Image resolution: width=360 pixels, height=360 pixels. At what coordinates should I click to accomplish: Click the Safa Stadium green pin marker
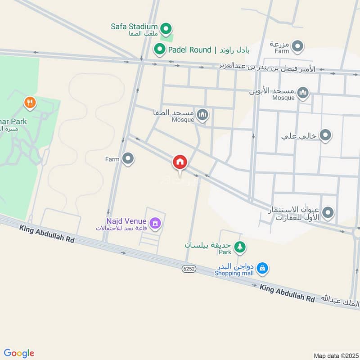point(166,29)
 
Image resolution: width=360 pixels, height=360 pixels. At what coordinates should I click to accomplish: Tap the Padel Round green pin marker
point(159,49)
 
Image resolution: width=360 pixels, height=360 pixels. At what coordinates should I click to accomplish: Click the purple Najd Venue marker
point(155,222)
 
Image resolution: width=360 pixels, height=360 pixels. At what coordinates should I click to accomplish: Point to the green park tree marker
point(241,246)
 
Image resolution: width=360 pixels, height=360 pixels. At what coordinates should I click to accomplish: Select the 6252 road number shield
point(189,269)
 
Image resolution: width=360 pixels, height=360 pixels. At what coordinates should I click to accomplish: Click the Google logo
point(19,353)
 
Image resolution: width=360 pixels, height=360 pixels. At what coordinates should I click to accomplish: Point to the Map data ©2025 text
point(335,355)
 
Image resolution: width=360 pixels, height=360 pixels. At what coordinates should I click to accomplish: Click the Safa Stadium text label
point(134,27)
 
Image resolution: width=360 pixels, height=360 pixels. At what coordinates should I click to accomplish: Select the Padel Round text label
point(189,50)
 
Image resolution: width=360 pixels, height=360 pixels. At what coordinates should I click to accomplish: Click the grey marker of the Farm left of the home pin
point(128,158)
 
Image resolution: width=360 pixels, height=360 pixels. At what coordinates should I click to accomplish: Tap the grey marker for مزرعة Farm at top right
point(297,46)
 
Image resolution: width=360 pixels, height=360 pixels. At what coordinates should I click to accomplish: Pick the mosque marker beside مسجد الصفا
point(202,115)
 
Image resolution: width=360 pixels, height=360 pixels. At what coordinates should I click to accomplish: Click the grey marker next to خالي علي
point(325,135)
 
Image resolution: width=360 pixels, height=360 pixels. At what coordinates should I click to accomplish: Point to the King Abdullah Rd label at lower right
point(287,293)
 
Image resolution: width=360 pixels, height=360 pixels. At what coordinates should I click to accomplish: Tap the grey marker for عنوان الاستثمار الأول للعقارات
point(328,212)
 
